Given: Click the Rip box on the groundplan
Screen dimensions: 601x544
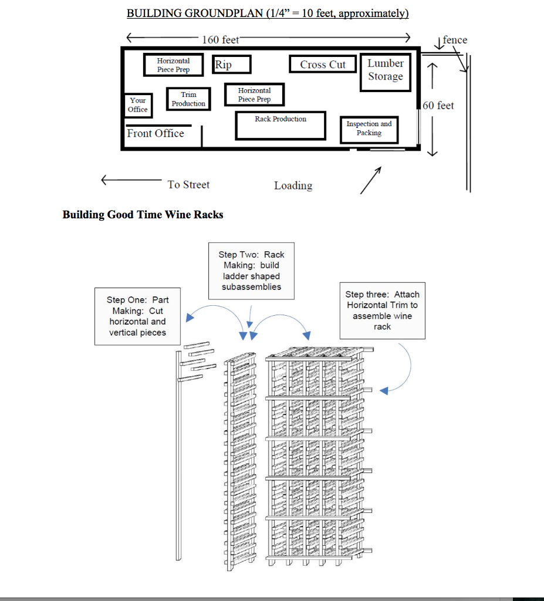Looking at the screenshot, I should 232,64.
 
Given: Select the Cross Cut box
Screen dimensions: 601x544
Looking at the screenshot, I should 323,64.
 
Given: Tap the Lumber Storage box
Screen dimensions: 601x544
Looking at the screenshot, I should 386,70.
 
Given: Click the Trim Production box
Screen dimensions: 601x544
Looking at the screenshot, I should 188,99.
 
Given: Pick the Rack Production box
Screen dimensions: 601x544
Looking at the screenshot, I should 281,126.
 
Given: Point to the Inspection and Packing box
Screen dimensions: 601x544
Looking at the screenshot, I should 369,129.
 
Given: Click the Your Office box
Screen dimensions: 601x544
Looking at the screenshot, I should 138,105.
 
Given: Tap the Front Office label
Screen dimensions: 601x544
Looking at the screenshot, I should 156,134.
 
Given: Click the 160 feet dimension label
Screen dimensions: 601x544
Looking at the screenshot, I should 221,39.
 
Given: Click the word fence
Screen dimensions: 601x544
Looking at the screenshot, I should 455,40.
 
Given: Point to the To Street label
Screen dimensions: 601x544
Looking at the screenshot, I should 188,184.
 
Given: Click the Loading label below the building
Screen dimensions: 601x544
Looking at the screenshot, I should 293,185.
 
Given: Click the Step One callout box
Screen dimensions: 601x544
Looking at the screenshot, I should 137,316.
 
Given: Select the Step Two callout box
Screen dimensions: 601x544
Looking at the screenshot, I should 251,271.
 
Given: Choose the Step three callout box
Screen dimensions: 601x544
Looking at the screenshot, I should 382,310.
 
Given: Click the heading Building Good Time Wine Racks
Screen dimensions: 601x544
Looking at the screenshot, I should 143,215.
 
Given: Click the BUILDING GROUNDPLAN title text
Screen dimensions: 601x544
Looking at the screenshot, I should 268,13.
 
